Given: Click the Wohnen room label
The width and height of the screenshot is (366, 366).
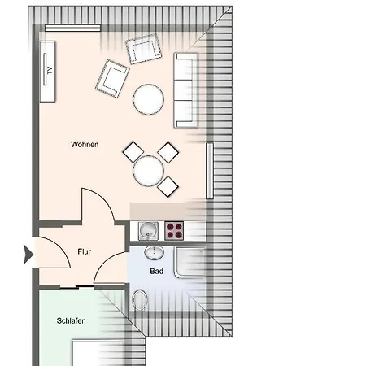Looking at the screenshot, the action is click(x=85, y=144).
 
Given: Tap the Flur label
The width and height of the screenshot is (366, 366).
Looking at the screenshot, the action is click(x=85, y=251).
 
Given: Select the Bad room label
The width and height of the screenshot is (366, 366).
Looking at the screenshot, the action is click(x=157, y=271).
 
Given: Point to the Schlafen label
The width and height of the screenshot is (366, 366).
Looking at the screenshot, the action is click(x=72, y=320).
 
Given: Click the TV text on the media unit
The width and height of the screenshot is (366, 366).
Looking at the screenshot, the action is click(x=50, y=71).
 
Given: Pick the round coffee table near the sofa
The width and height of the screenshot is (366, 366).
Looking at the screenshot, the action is click(x=148, y=99).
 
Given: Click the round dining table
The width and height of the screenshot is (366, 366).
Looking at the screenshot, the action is click(x=148, y=171).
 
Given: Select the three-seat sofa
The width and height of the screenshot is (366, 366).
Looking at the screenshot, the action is click(x=186, y=90).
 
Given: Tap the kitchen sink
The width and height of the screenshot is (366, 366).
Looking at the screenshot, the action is click(x=148, y=231).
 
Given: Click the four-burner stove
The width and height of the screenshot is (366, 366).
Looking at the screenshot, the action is click(x=174, y=231).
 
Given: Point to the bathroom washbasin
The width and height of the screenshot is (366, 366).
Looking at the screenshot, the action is click(x=154, y=253).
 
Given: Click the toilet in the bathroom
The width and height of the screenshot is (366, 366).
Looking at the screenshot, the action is click(x=140, y=299).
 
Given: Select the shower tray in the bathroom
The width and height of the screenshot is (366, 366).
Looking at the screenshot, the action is click(x=190, y=262).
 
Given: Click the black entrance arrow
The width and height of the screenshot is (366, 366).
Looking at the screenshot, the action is click(x=28, y=255).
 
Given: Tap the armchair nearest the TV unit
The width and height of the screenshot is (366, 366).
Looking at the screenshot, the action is click(x=112, y=79).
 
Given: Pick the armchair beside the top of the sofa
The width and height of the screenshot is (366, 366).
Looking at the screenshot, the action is click(x=144, y=49).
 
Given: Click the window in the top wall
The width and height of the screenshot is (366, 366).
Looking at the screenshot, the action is click(x=72, y=28).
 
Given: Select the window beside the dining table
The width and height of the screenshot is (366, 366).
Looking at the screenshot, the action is click(x=210, y=171).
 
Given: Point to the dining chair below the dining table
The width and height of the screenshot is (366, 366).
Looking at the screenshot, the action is click(x=168, y=186).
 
